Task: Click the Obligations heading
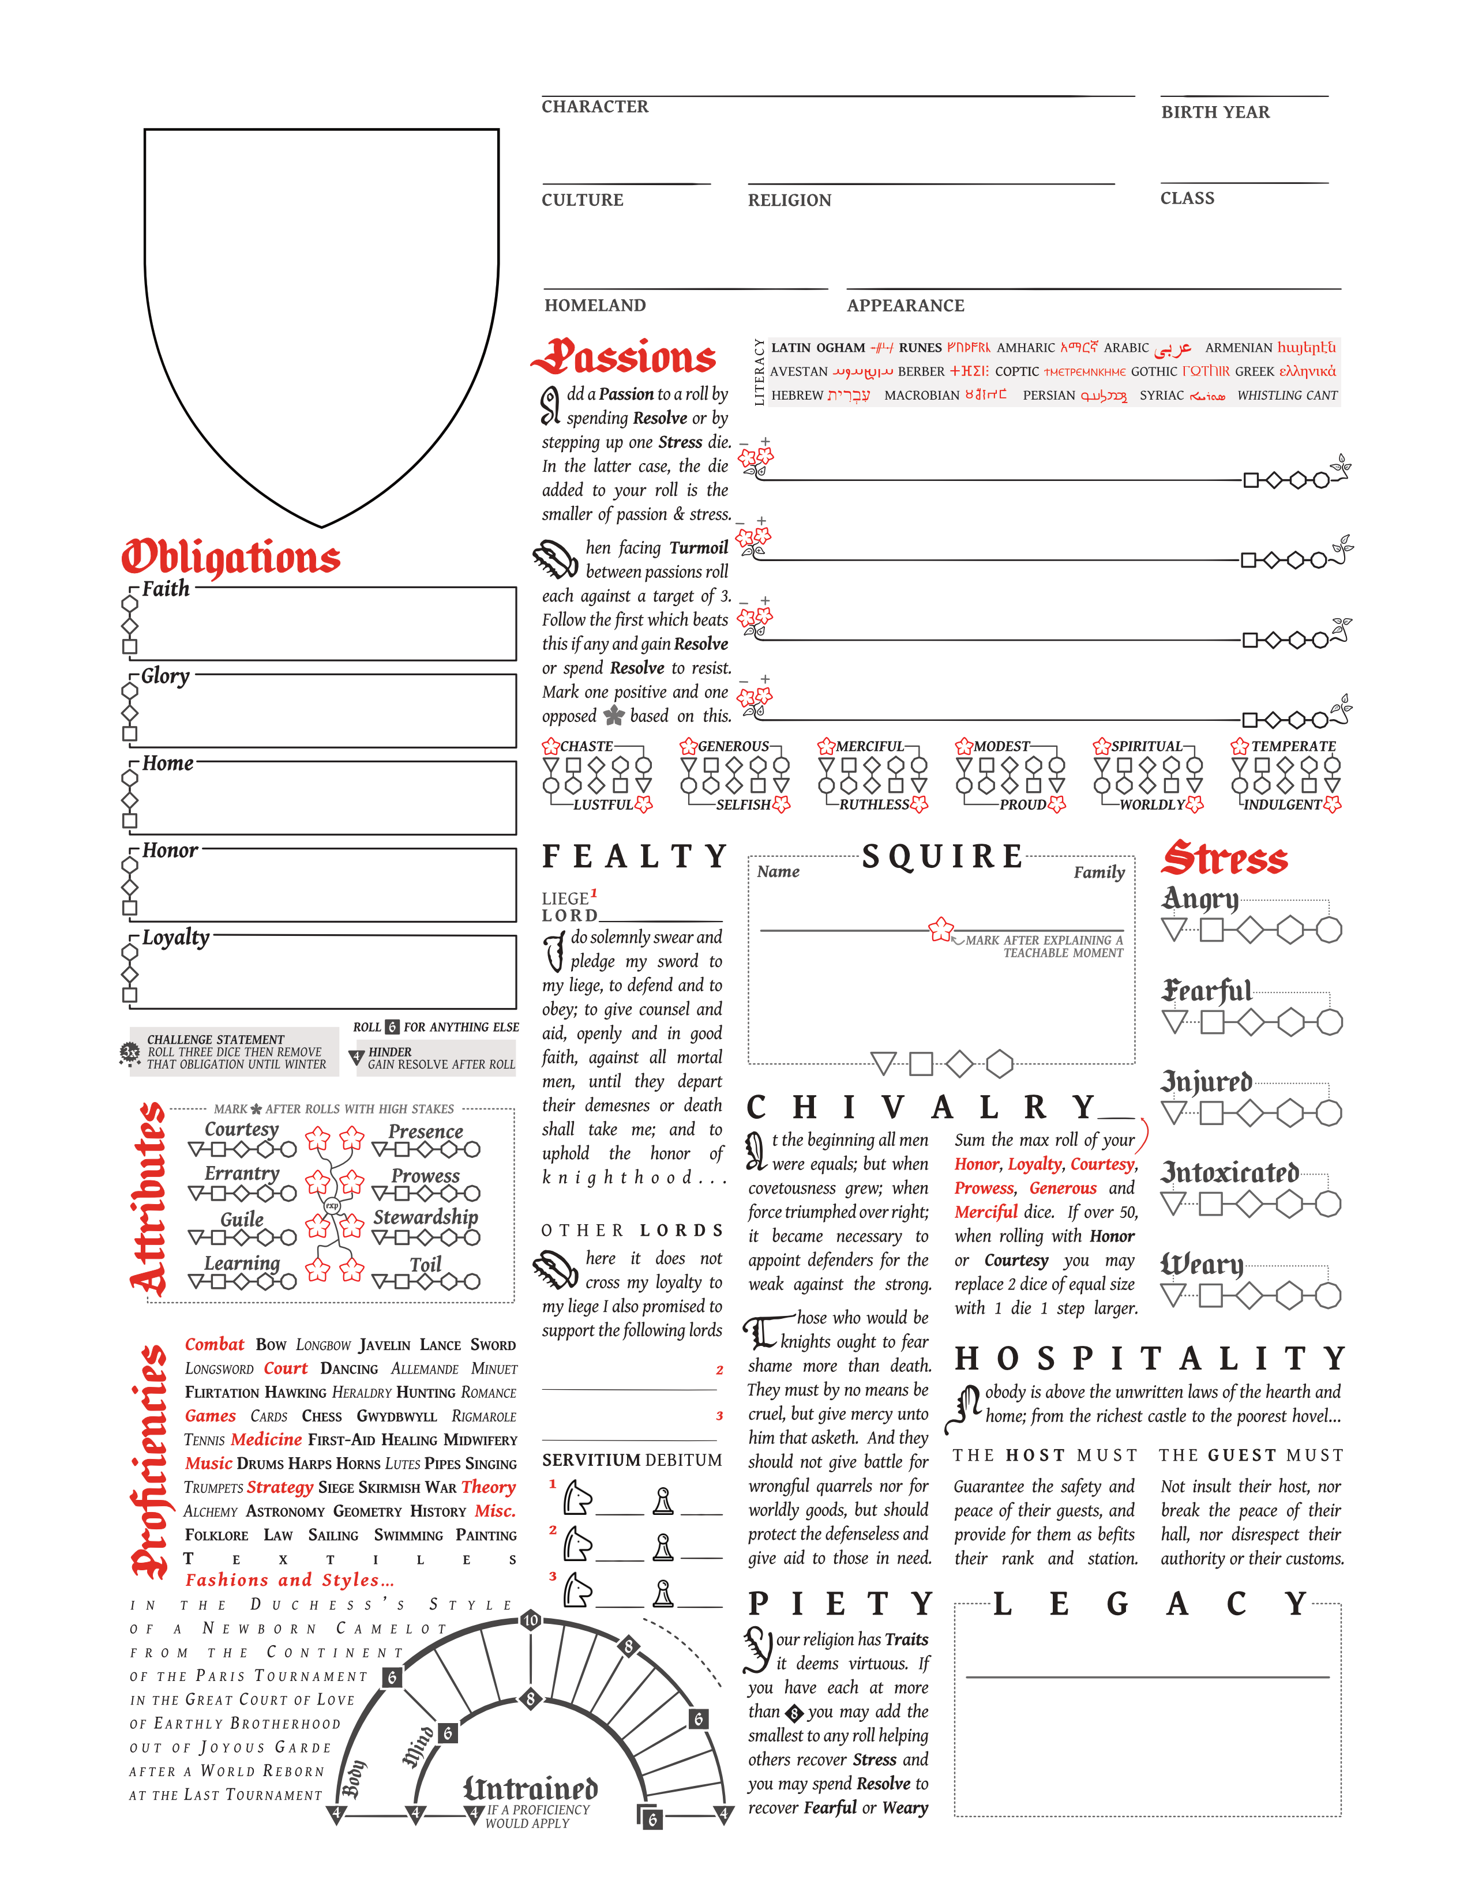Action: tap(230, 557)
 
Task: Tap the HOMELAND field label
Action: tap(595, 305)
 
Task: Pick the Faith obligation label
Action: tap(166, 589)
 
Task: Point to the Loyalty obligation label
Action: tap(175, 938)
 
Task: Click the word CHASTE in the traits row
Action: tap(587, 746)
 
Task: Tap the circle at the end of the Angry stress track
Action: tap(1328, 930)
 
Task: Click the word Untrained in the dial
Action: tap(530, 1789)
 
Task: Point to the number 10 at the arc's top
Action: tap(531, 1620)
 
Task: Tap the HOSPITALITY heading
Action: tap(1150, 1359)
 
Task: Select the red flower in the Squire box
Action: tap(940, 929)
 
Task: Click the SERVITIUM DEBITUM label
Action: tap(632, 1460)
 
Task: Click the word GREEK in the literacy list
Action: tap(1254, 371)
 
